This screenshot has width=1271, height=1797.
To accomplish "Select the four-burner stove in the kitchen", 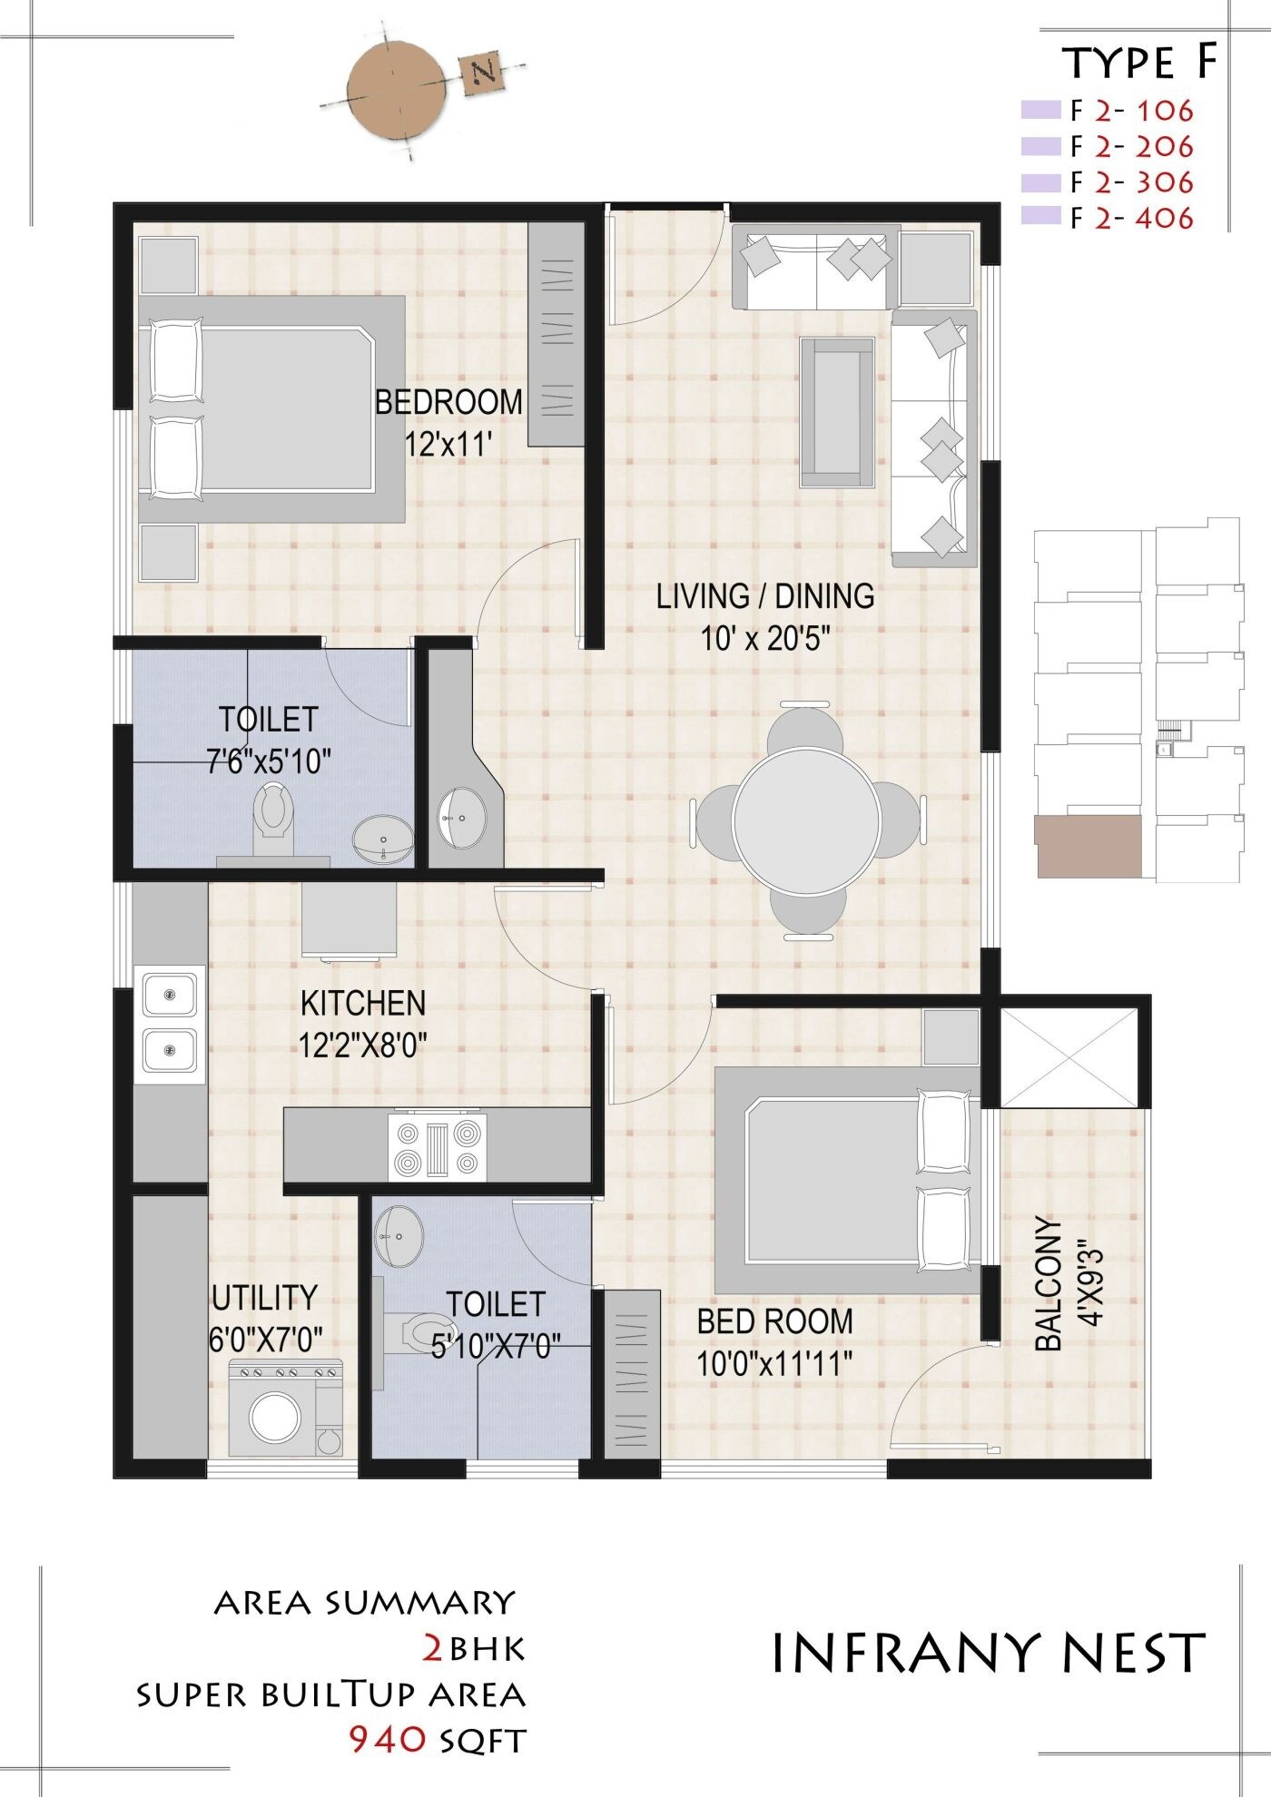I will pos(437,1147).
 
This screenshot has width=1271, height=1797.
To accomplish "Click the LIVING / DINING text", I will pos(764,596).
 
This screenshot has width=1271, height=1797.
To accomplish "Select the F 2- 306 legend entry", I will pos(1130,182).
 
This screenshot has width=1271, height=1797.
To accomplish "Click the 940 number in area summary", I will pos(388,1739).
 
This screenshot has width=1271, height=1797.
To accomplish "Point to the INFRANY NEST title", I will pos(989,1652).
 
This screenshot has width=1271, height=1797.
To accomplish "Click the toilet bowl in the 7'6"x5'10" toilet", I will pos(273,809).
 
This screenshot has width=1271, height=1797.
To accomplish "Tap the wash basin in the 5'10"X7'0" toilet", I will pos(399,1235).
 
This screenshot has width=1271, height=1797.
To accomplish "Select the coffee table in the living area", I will pos(836,412).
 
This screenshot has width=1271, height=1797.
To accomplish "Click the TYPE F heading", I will pos(1138,64).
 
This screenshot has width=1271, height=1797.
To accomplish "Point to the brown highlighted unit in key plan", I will pos(1088,846).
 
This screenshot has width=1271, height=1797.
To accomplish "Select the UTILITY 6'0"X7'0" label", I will pos(265,1318).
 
